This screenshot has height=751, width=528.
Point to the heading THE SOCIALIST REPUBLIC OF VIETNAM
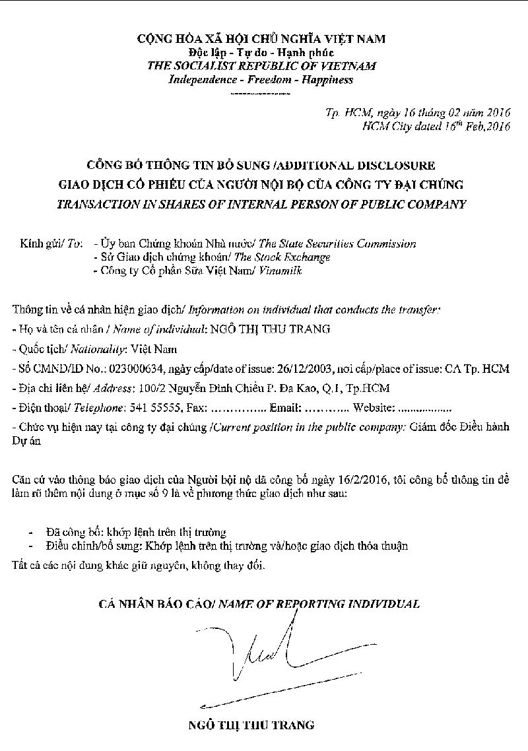point(261,66)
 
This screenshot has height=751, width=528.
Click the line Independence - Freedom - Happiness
point(261,80)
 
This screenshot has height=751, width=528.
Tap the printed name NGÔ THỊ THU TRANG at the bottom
point(251,725)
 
